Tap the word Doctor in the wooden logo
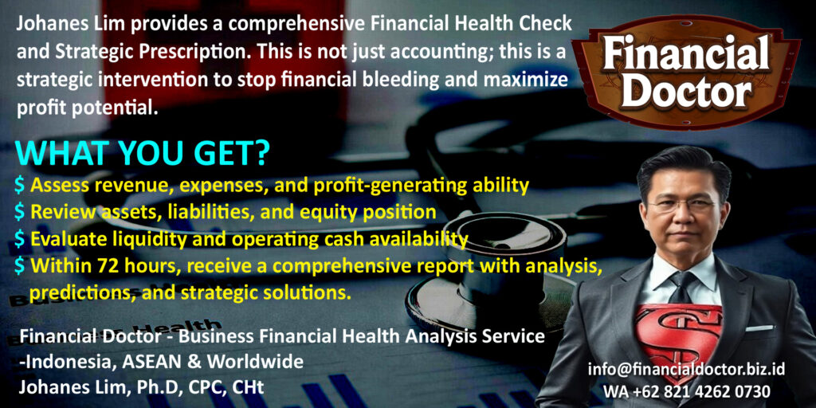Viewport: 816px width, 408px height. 686,92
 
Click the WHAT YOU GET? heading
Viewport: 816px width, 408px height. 143,153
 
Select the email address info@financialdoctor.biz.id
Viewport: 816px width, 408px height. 687,370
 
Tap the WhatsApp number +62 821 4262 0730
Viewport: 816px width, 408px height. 687,391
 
